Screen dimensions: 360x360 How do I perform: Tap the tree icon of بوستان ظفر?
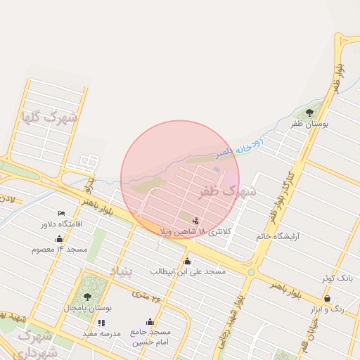[x=310, y=112]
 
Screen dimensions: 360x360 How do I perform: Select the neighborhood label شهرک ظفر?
[x=228, y=191]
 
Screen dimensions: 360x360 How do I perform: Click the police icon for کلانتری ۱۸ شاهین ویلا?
[x=195, y=220]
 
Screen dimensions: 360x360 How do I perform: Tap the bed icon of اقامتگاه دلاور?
[x=61, y=213]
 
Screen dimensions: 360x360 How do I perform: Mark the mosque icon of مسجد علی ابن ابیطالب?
[x=187, y=262]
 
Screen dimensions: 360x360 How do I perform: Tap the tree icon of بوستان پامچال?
[x=87, y=297]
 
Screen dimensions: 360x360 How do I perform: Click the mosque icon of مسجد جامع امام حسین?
[x=150, y=321]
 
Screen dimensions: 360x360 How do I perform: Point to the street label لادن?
[x=8, y=200]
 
